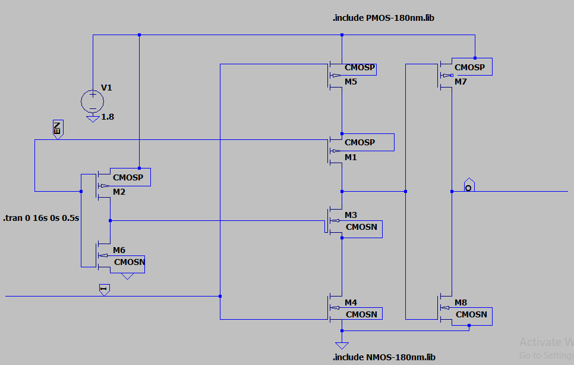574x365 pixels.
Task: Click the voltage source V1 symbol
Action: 92,100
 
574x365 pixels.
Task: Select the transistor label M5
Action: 351,82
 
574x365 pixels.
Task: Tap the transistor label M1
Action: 351,157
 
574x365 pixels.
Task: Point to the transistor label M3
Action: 351,215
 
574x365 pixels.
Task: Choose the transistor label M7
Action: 461,81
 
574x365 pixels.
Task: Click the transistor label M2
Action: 119,192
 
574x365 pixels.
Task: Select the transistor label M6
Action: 119,250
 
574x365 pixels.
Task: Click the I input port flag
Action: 104,290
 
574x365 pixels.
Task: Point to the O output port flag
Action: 469,185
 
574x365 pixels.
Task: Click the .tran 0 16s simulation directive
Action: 42,218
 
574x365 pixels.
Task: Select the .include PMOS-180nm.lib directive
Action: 383,18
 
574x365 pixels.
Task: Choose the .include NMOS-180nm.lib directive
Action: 383,357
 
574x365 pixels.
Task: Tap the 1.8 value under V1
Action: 108,117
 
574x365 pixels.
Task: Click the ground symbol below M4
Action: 342,345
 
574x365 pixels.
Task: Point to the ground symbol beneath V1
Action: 92,118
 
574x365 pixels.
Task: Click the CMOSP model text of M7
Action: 469,67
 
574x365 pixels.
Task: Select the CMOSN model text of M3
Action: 361,227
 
